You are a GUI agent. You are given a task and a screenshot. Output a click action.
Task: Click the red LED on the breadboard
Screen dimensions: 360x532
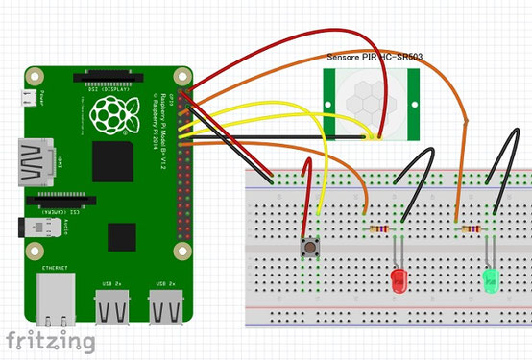pos(399,280)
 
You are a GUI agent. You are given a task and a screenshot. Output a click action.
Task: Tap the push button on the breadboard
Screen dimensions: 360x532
pos(311,249)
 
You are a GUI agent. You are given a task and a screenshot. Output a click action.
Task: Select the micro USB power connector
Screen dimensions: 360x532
pos(29,97)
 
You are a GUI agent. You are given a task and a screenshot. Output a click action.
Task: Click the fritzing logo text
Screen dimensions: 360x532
pos(50,341)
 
